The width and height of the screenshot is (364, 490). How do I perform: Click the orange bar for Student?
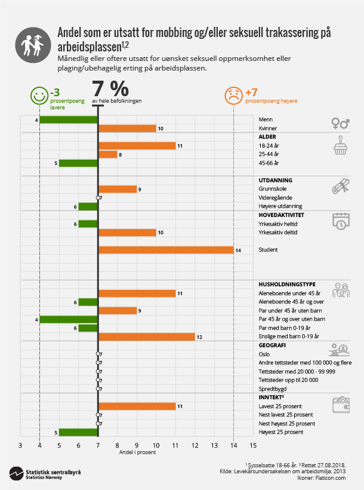pos(165,250)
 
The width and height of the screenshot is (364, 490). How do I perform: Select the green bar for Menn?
pos(69,120)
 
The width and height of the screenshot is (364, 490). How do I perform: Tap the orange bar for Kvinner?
pos(127,128)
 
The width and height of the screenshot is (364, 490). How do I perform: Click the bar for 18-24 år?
pos(137,146)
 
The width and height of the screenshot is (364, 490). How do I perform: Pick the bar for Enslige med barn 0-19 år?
pos(146,336)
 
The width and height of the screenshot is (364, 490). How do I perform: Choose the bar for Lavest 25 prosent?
pos(137,406)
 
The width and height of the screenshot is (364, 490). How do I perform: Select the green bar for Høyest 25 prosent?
pos(78,432)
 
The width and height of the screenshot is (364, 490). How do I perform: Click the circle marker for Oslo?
pos(98,354)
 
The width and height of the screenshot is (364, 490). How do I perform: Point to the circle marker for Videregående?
pos(98,198)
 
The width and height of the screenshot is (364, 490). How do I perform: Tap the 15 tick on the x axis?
pos(253,445)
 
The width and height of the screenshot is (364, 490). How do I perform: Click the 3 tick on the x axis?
pos(20,445)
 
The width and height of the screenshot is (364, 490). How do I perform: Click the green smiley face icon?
pos(39,94)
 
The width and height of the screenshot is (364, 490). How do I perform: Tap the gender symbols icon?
pos(340,123)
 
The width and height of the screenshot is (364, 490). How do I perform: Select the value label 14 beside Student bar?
pos(238,250)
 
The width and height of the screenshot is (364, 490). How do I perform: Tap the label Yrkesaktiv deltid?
pos(279,232)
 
